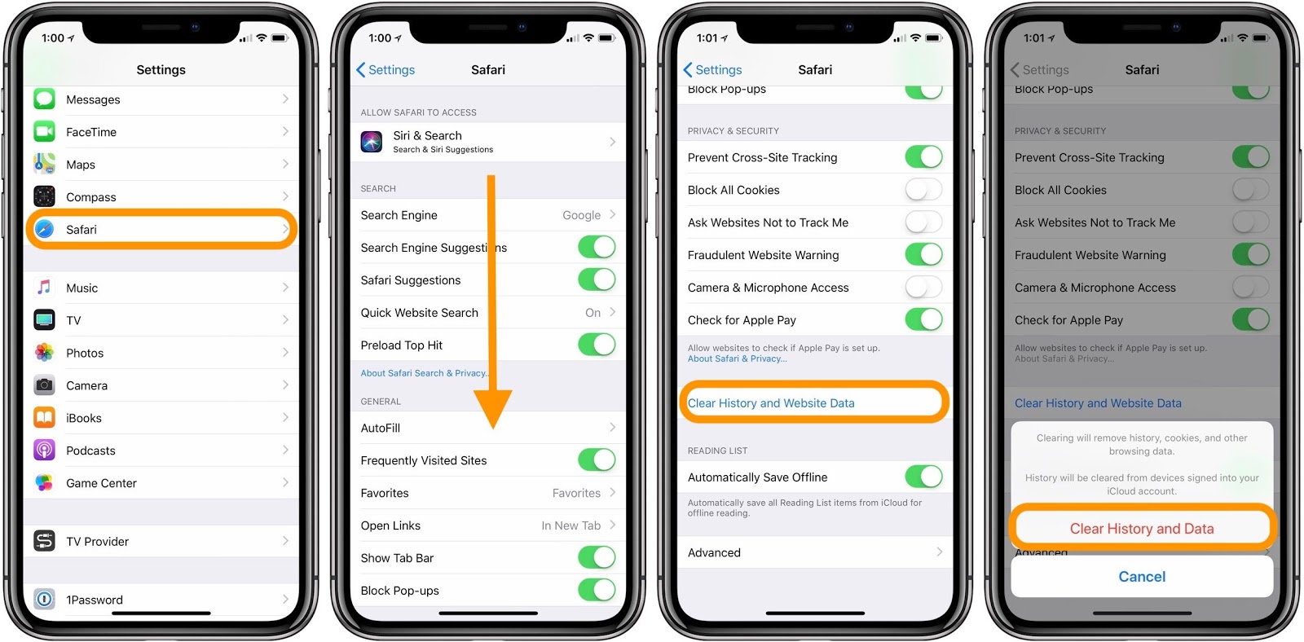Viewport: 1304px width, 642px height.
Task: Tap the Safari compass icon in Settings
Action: tap(44, 229)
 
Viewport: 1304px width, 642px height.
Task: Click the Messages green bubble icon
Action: tap(44, 99)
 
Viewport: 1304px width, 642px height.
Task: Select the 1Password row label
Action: tap(95, 600)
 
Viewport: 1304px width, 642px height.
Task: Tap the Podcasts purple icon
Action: tap(44, 450)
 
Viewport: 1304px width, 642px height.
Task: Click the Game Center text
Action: tap(101, 483)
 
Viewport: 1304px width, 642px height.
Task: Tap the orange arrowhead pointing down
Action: tap(492, 407)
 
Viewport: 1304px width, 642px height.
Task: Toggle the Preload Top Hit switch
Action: tap(597, 345)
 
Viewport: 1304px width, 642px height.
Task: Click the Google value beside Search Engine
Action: tap(581, 215)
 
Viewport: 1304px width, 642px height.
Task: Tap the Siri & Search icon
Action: tap(372, 142)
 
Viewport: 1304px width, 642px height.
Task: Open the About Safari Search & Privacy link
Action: tap(423, 373)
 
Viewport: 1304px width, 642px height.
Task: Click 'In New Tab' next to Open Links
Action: tap(570, 525)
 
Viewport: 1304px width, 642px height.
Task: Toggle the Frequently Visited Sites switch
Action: tap(597, 460)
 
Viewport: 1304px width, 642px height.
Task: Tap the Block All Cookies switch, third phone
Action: tap(923, 190)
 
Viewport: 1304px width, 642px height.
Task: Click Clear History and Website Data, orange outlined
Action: tap(771, 403)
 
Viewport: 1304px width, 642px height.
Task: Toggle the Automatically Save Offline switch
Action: tap(923, 477)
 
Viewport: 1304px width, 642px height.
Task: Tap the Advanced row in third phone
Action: tap(715, 552)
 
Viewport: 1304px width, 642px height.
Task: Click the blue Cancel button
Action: tap(1141, 577)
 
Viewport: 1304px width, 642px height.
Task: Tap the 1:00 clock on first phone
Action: tap(53, 38)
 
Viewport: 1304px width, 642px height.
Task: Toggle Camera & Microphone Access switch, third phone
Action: tap(923, 288)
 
